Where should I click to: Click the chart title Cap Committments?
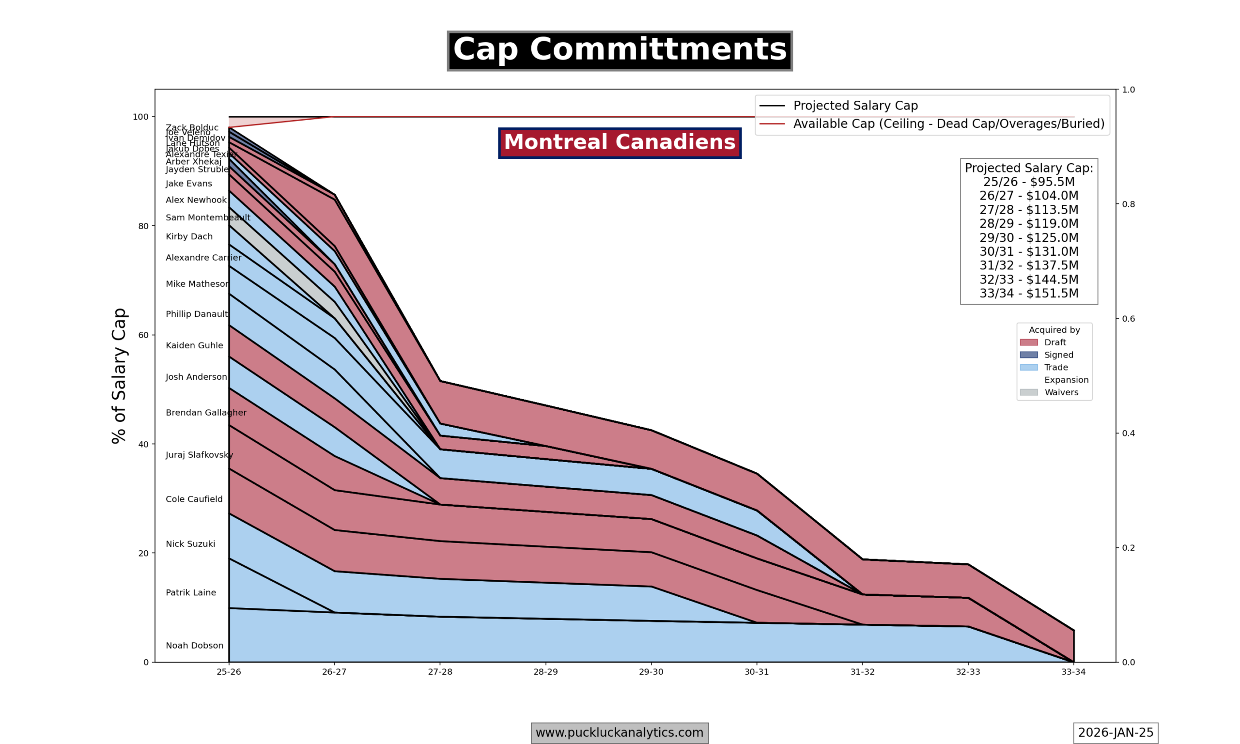[620, 51]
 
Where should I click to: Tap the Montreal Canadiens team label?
[620, 142]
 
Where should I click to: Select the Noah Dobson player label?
[194, 646]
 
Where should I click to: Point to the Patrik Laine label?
[191, 592]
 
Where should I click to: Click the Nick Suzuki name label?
[190, 544]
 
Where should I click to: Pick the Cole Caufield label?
[194, 499]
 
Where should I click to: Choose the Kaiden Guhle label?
[194, 345]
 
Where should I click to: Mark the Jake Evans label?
[189, 184]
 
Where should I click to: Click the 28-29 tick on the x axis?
[545, 672]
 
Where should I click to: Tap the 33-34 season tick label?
[1073, 672]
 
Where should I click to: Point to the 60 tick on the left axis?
[143, 335]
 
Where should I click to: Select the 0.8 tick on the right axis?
[1128, 204]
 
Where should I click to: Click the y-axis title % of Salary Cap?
[119, 375]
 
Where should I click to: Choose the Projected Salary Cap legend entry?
[855, 106]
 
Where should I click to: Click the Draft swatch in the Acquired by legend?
[1028, 342]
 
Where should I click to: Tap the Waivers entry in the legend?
[1061, 392]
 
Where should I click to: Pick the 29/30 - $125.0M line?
[1028, 238]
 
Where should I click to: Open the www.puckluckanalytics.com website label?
[620, 732]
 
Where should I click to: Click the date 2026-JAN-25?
[1116, 732]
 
